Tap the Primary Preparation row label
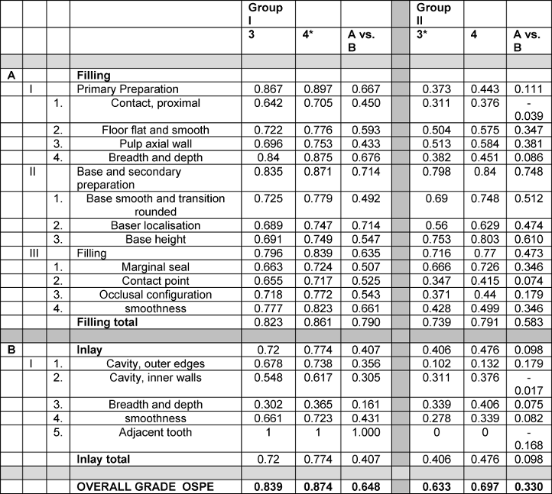coord(128,89)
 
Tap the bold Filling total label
coord(107,322)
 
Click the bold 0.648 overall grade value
coord(362,486)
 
